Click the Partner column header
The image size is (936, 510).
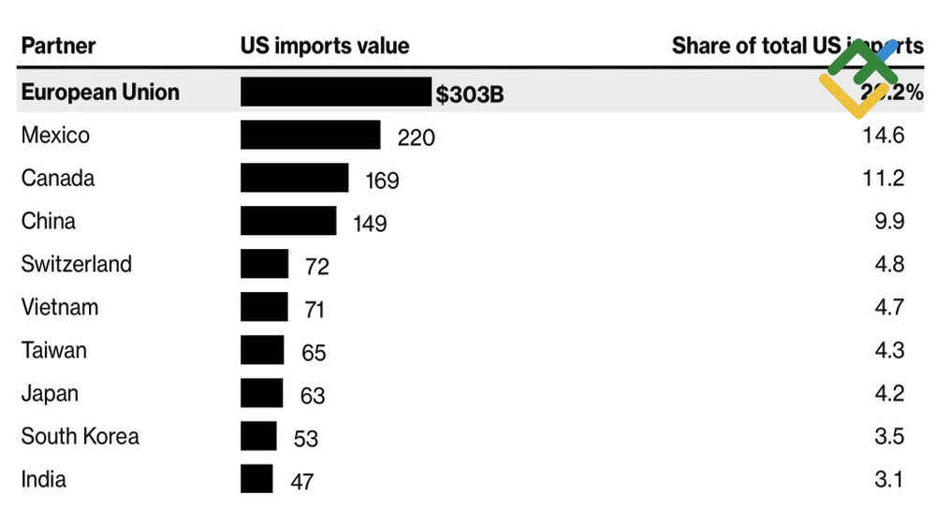[x=58, y=45]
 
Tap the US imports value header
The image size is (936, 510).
[x=324, y=45]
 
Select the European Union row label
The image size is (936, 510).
[x=100, y=92]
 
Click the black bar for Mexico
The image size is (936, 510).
[x=310, y=135]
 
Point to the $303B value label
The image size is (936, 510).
[x=470, y=94]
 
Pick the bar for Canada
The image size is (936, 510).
[x=294, y=178]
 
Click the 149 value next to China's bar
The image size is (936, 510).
[x=370, y=224]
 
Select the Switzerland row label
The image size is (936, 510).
[x=76, y=264]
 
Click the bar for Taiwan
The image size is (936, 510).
[x=261, y=350]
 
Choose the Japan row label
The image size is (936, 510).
[x=50, y=393]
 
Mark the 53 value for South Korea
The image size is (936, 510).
[x=305, y=439]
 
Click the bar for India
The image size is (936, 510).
[x=256, y=479]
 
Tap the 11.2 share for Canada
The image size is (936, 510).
[x=883, y=178]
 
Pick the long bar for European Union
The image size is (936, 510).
[x=336, y=92]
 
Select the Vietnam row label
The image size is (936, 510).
[x=59, y=307]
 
